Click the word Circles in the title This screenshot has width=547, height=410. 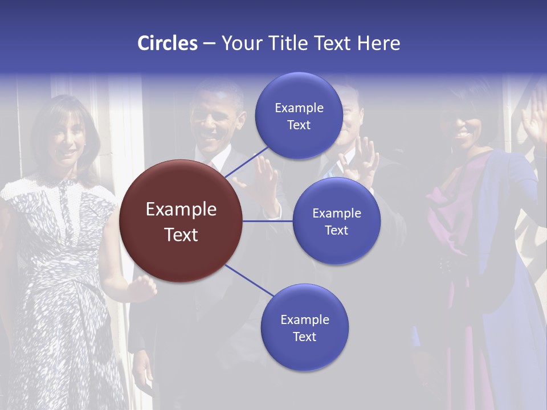tap(168, 43)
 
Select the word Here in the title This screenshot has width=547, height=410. tap(378, 43)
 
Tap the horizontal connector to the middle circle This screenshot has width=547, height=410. tap(268, 221)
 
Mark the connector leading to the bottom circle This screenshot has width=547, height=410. tap(250, 281)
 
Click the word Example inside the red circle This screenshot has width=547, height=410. tap(181, 210)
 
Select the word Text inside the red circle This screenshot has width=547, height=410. tap(181, 235)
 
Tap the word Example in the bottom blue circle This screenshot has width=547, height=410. tap(304, 319)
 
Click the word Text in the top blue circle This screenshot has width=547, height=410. tap(299, 125)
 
